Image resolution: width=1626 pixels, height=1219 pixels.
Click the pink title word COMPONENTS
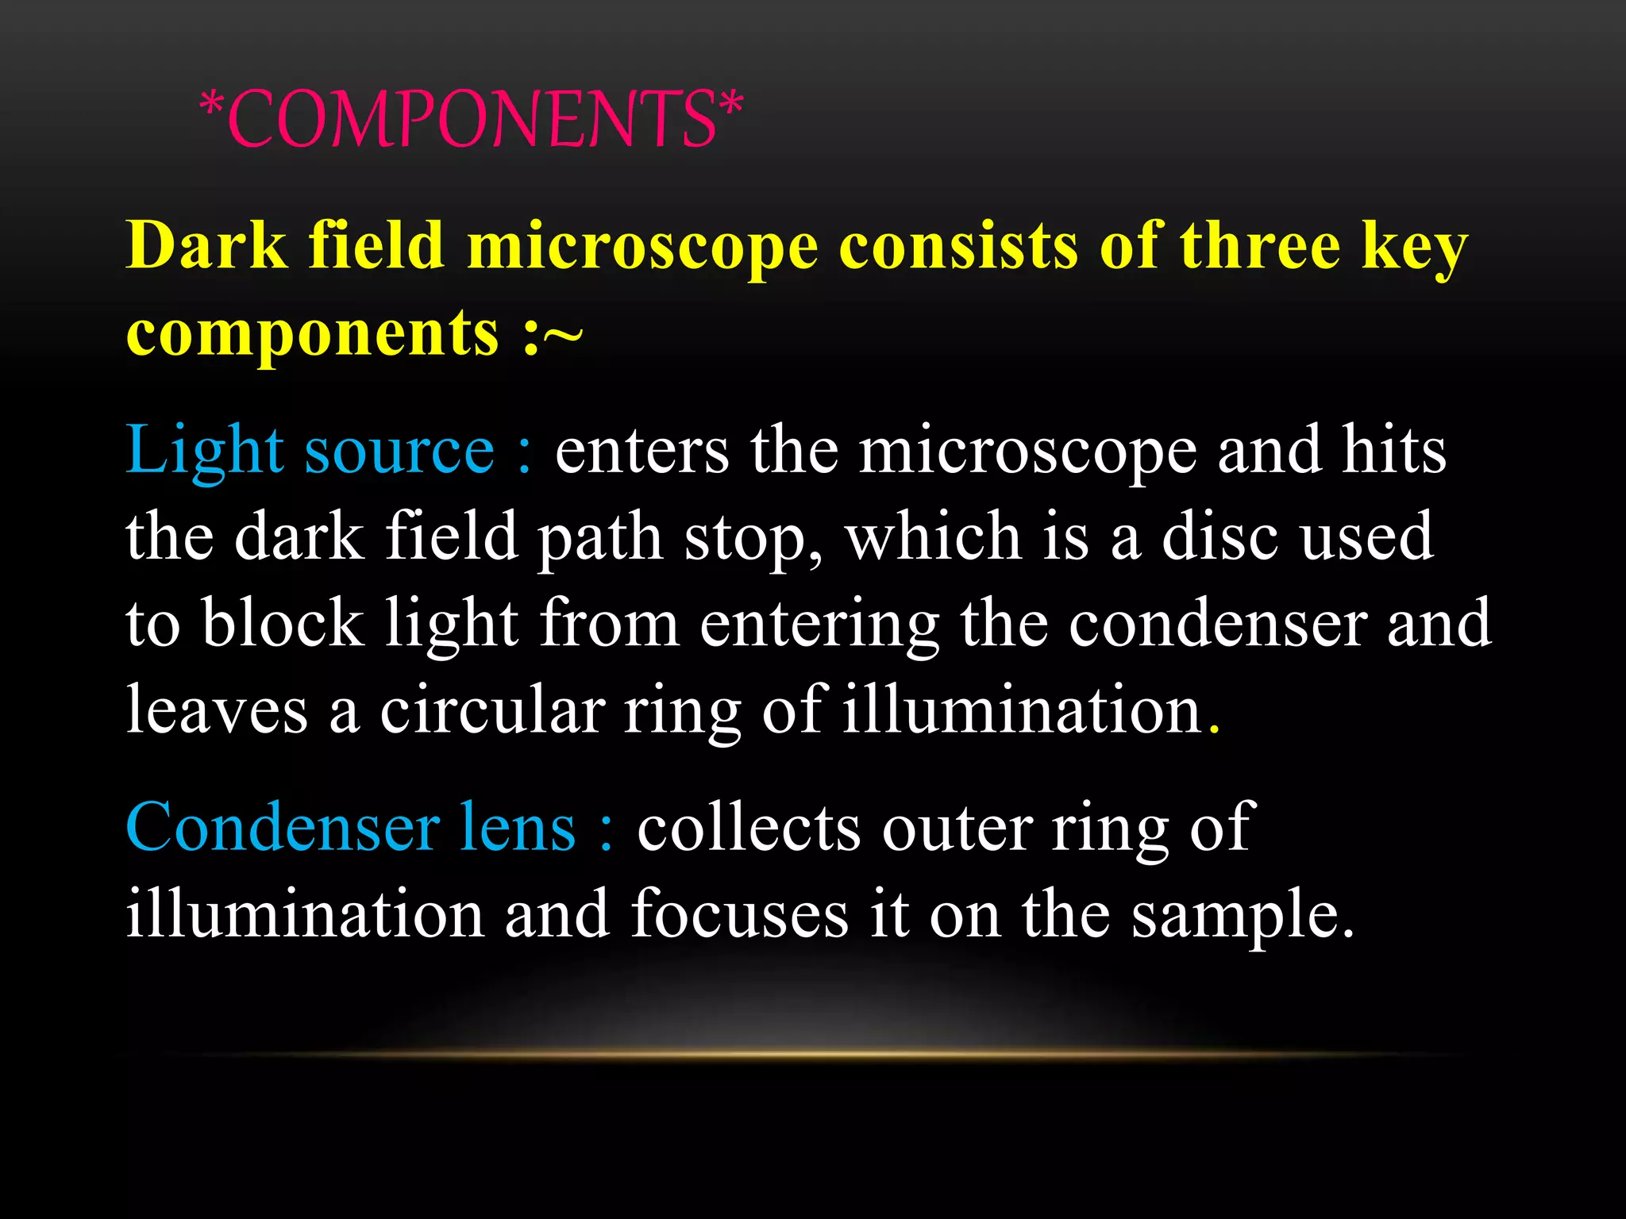pyautogui.click(x=472, y=119)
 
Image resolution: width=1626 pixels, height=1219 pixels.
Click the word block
pyautogui.click(x=283, y=624)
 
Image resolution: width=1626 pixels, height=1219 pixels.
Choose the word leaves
pyautogui.click(x=216, y=709)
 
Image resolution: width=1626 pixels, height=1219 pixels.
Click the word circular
pyautogui.click(x=492, y=709)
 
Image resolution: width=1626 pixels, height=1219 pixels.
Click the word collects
pyautogui.click(x=749, y=828)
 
